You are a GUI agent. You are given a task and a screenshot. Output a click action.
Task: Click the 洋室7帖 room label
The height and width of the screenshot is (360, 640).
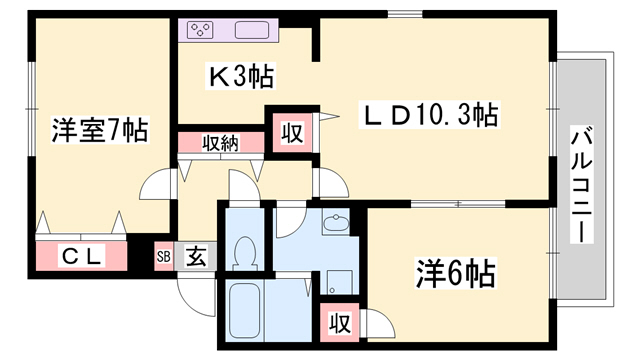(101, 129)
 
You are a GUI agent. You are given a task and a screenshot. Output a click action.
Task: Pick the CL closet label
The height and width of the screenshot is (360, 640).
(82, 256)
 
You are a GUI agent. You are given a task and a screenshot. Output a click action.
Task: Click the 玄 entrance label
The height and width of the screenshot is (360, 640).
(196, 257)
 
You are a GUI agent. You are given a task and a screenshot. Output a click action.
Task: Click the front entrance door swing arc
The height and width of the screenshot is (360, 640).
(192, 289)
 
